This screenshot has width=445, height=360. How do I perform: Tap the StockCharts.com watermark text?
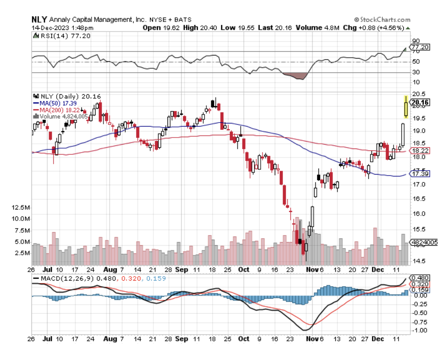(384, 20)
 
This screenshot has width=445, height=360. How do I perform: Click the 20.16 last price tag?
(419, 103)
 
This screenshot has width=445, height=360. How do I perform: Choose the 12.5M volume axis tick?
(22, 207)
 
